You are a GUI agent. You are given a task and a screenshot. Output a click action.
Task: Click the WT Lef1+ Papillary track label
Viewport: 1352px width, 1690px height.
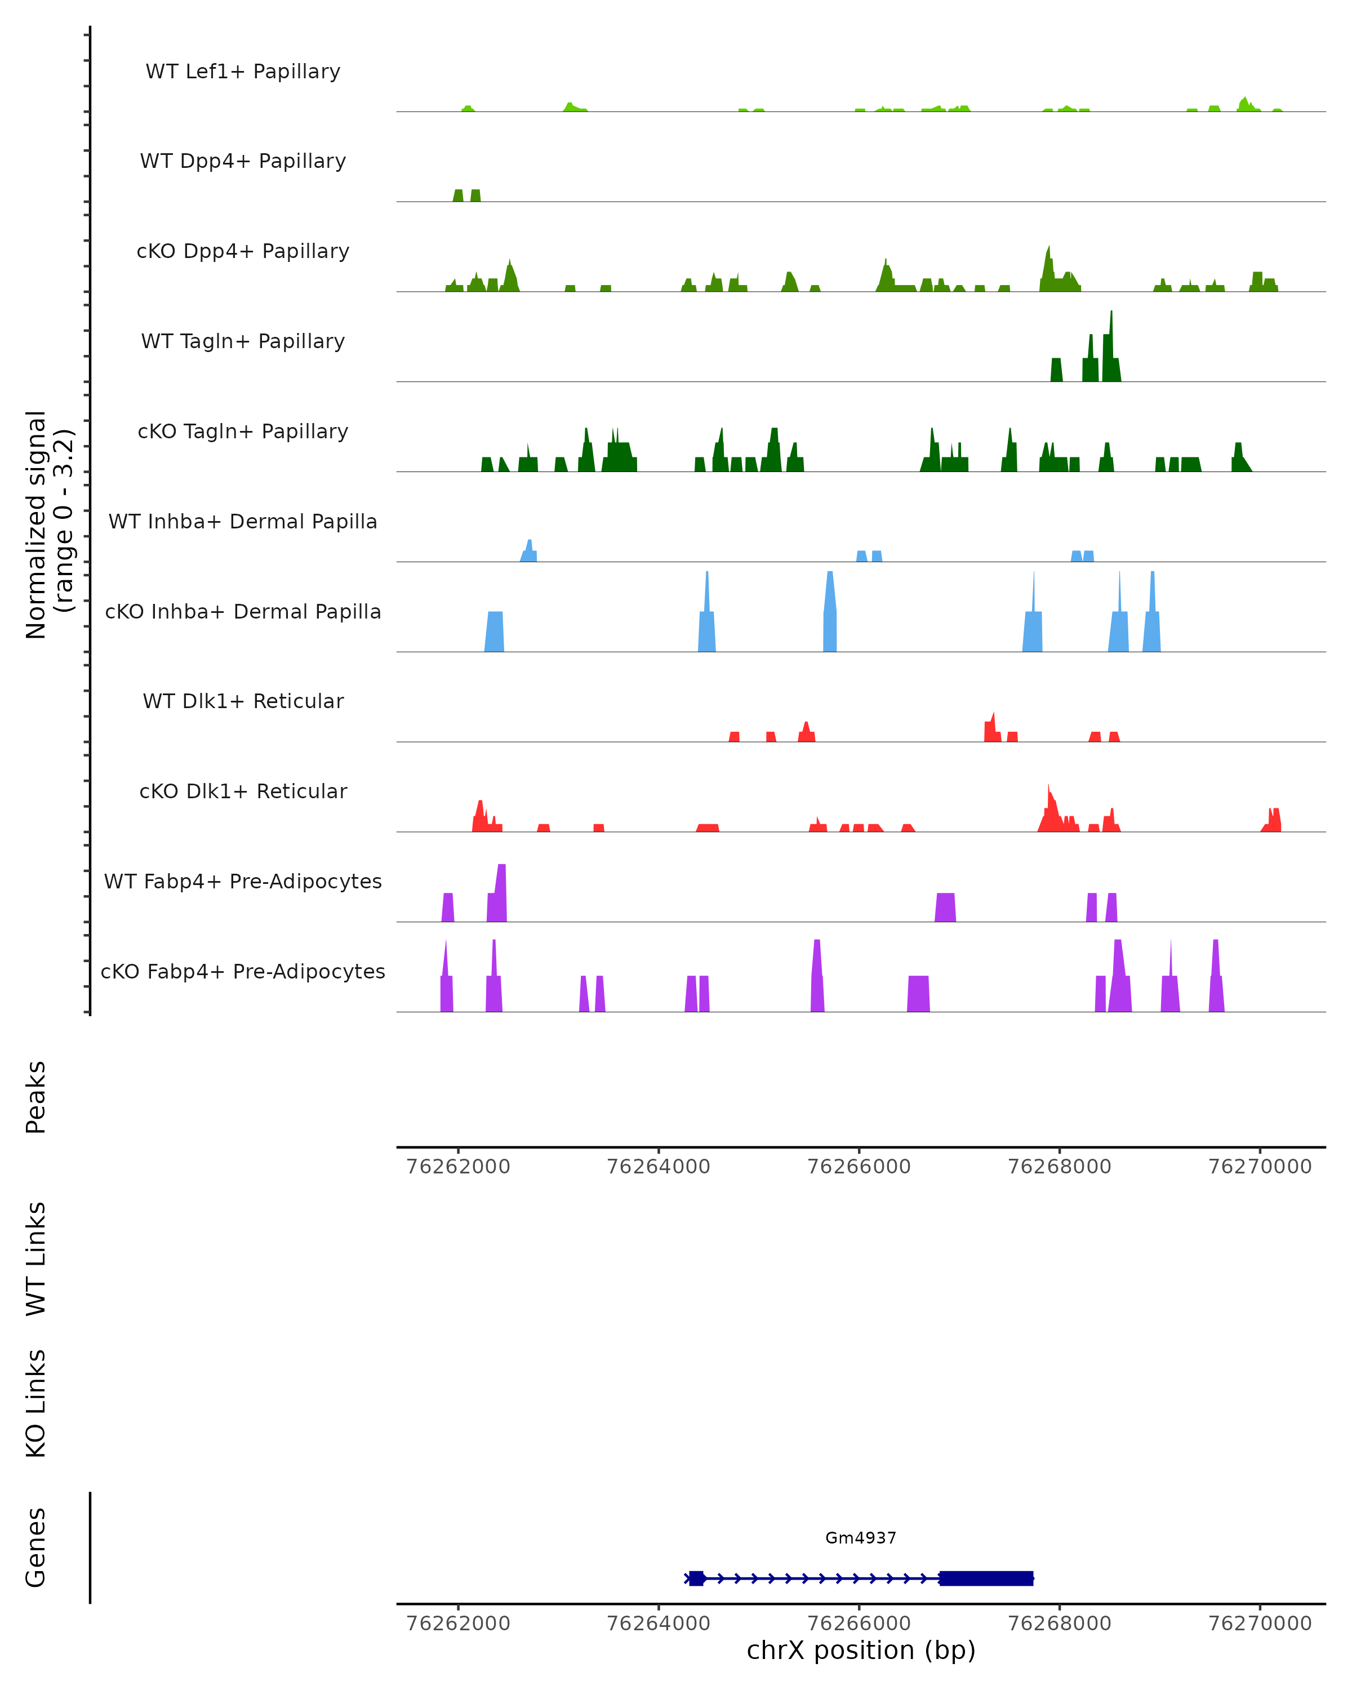tap(243, 72)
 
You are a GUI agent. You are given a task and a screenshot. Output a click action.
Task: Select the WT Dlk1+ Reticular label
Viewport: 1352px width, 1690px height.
tap(243, 701)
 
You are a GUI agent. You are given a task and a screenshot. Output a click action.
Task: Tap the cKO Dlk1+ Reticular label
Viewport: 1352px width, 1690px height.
tap(243, 791)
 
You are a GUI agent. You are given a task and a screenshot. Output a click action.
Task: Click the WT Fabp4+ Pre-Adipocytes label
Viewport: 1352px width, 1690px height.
tap(243, 881)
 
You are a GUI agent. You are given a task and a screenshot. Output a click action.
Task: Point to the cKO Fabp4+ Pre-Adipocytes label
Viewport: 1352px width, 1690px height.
tap(243, 971)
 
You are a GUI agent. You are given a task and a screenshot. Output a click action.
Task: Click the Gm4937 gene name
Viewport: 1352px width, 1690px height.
tap(861, 1538)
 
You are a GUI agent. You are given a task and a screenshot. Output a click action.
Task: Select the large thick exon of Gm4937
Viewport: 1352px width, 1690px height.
tap(986, 1578)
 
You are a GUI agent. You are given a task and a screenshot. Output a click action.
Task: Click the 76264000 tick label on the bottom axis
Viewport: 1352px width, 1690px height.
tap(659, 1624)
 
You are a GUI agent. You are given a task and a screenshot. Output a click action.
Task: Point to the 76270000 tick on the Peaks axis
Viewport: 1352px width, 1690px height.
tap(1260, 1167)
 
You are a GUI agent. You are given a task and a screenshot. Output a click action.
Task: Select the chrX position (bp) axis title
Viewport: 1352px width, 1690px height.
tap(861, 1650)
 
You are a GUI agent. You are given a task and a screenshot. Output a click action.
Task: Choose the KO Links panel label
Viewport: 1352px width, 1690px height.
tap(36, 1403)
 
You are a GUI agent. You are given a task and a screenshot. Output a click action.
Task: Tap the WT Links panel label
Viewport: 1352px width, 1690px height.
tap(36, 1258)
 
